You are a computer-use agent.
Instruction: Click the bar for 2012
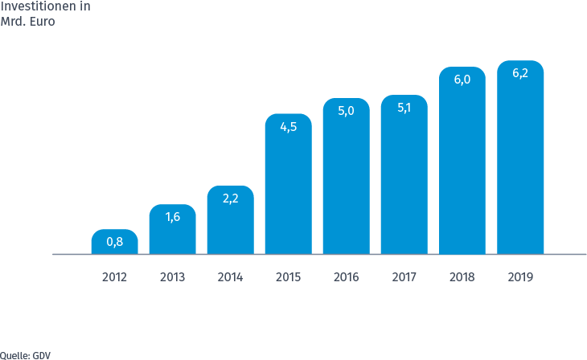point(114,246)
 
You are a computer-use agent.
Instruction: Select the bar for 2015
point(288,193)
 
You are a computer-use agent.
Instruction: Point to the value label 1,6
point(172,216)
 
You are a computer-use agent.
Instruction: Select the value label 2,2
point(230,198)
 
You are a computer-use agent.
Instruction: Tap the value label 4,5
point(288,126)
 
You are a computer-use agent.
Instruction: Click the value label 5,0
point(346,111)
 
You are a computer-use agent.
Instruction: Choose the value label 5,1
point(404,108)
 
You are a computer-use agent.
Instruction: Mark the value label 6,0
point(462,80)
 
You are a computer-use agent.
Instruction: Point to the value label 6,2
point(520,73)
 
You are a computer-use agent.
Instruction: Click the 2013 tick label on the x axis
point(172,277)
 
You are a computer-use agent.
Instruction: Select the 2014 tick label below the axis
point(230,277)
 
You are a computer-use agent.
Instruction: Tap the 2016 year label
point(346,277)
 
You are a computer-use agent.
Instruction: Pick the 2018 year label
point(462,277)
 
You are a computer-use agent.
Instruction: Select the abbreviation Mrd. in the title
point(14,22)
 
